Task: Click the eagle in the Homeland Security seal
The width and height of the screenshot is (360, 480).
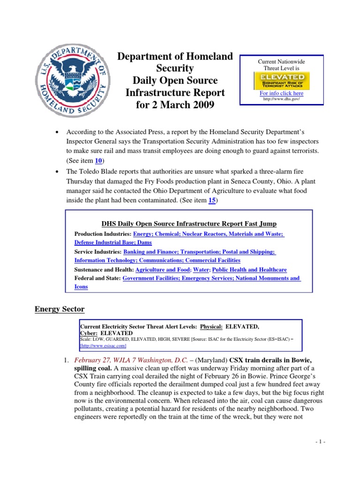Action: tap(74, 75)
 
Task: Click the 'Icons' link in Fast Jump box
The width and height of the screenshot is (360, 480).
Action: tap(81, 286)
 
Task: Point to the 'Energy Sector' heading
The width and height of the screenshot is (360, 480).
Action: tap(60, 309)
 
